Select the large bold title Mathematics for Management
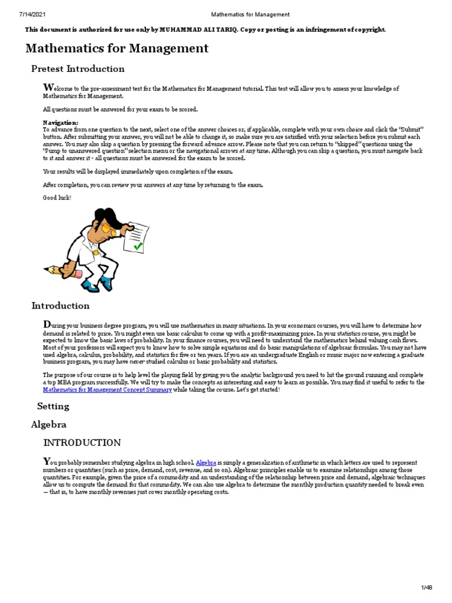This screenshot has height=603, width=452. [x=117, y=48]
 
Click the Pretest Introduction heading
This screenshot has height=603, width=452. [x=78, y=69]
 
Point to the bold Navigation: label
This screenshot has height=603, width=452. [x=61, y=122]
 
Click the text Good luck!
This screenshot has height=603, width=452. [x=57, y=197]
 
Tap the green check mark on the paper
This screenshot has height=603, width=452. [x=138, y=246]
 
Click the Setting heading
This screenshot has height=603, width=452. [x=53, y=406]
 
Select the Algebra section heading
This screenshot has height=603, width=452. [x=49, y=424]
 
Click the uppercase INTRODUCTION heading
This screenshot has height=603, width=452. [x=82, y=443]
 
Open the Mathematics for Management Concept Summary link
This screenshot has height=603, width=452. [x=108, y=390]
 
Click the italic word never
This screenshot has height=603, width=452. [x=138, y=362]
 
